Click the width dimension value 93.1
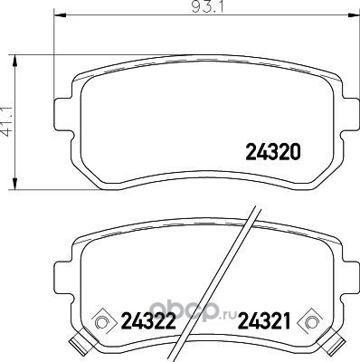[207, 7]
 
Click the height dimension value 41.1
[7, 121]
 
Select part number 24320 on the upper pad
[273, 152]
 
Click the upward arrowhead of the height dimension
[14, 62]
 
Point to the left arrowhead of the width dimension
[60, 15]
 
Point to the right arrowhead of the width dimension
[353, 15]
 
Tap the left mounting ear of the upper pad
[63, 114]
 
